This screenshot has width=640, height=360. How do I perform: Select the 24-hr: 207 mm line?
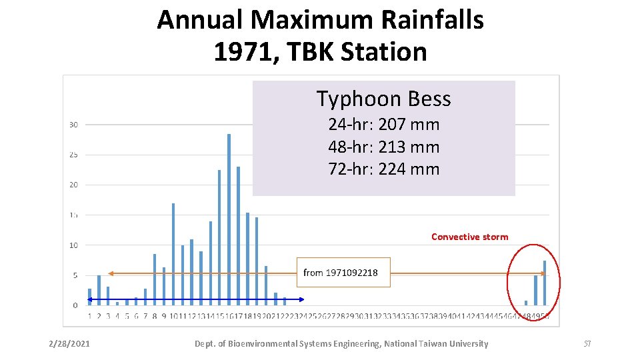(383, 125)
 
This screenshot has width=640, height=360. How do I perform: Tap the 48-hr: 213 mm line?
(383, 147)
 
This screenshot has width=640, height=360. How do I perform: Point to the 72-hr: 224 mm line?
(383, 169)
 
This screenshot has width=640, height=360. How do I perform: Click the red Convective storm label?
(469, 237)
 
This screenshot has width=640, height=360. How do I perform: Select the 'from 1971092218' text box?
(343, 273)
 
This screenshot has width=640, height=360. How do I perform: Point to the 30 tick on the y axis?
(73, 125)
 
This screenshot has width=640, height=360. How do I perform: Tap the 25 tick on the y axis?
(73, 155)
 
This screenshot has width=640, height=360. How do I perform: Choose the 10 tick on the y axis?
(73, 245)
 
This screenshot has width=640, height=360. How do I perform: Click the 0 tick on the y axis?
(75, 305)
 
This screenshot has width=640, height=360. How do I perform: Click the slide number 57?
(587, 344)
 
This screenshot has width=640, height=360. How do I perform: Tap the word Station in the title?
(383, 51)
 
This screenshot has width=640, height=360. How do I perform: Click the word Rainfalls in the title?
(433, 20)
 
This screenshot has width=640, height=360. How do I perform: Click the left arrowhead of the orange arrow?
(111, 273)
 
